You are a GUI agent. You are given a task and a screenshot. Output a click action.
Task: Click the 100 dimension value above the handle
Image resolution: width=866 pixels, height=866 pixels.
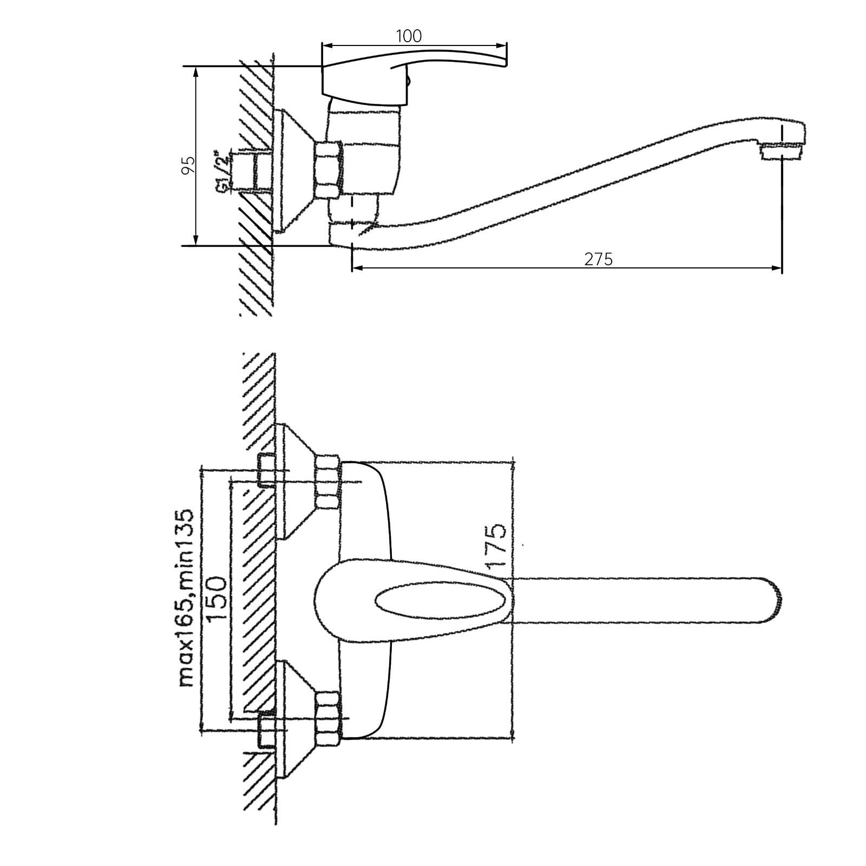click(x=409, y=36)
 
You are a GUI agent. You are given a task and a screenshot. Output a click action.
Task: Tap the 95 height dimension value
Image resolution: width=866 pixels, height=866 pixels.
click(x=188, y=165)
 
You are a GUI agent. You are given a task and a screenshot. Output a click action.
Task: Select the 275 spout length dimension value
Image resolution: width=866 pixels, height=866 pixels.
click(x=599, y=259)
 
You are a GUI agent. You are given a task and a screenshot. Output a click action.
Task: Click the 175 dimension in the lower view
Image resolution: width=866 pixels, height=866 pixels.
click(x=496, y=546)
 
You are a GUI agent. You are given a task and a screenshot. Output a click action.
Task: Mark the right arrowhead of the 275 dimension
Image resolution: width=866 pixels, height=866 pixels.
click(x=777, y=267)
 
